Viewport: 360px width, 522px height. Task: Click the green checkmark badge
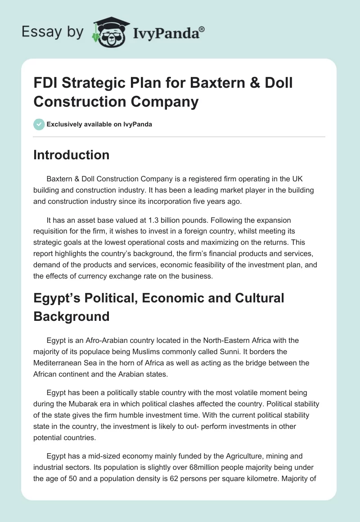[39, 124]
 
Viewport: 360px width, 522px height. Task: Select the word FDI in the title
[47, 83]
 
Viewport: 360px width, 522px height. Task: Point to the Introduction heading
[72, 155]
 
